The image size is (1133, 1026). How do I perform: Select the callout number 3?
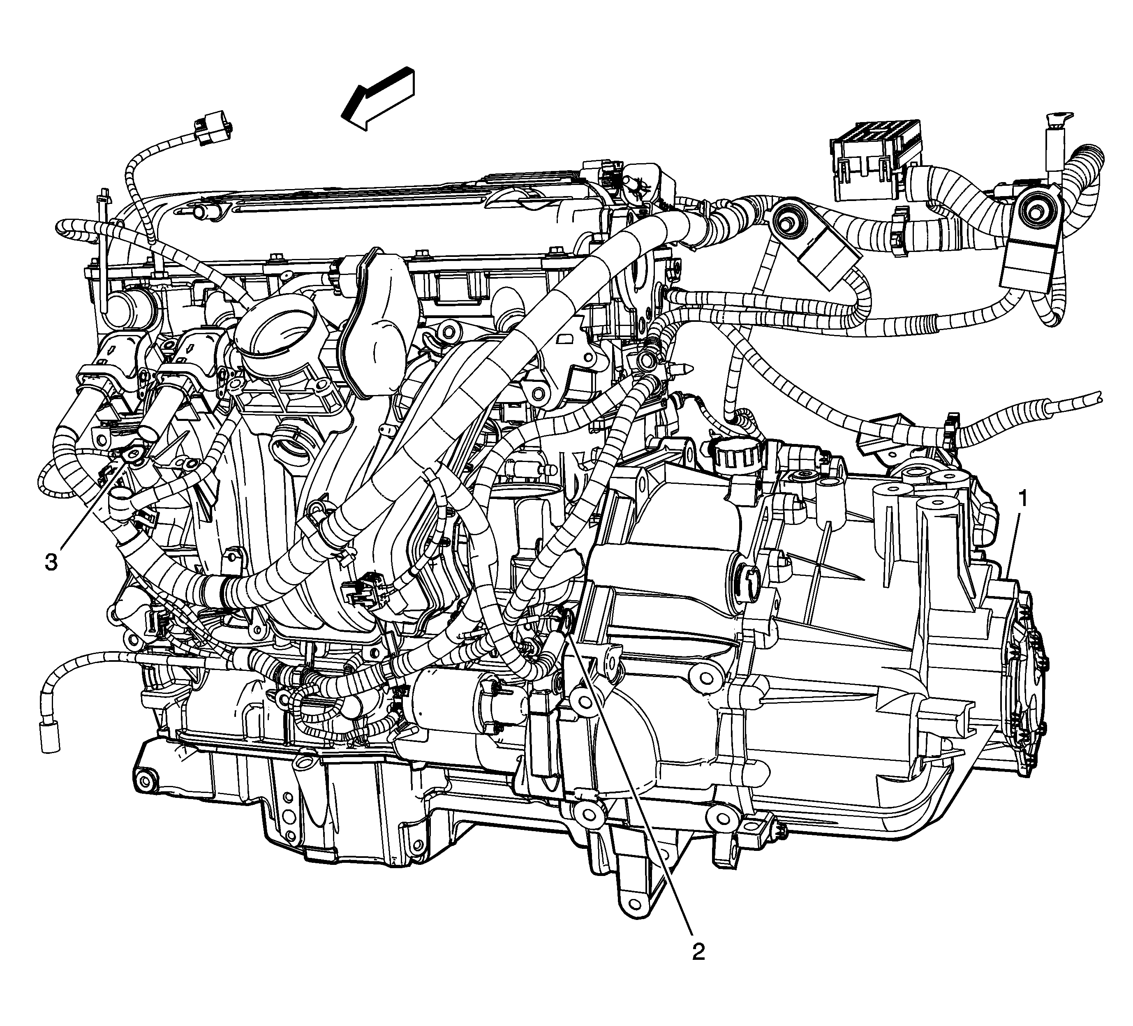click(51, 562)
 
